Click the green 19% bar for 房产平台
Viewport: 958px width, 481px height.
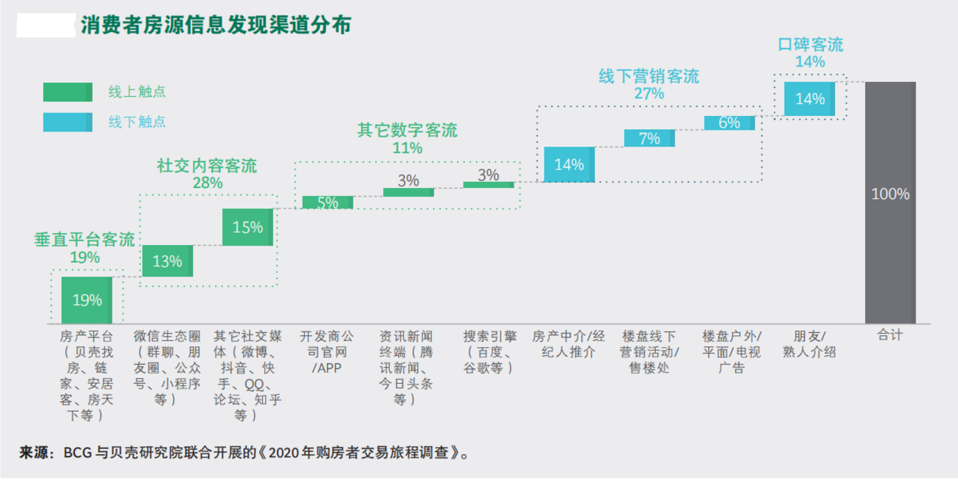coord(87,300)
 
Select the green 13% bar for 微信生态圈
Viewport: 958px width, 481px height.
coord(167,261)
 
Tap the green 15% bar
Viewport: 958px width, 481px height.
coord(248,227)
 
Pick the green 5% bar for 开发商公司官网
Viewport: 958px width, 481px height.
coord(328,202)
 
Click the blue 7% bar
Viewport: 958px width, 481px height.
coord(649,138)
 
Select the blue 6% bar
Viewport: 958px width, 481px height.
coord(729,123)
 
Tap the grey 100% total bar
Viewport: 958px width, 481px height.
coord(890,202)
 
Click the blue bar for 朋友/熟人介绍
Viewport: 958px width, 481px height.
coord(809,99)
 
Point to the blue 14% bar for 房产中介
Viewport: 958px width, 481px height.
coord(569,164)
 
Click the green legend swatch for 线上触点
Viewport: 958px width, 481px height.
coord(67,92)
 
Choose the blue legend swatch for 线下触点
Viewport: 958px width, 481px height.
coord(67,122)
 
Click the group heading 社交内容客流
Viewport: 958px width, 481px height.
coord(207,167)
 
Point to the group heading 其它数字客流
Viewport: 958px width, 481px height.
coord(407,130)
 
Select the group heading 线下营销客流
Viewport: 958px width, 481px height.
coord(649,76)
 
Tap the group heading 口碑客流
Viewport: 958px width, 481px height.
coord(810,45)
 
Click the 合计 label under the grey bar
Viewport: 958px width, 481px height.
coord(890,336)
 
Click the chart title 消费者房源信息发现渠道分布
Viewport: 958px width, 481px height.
coord(216,26)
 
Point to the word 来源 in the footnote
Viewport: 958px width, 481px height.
coord(35,453)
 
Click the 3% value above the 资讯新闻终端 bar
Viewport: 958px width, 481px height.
coord(408,180)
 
